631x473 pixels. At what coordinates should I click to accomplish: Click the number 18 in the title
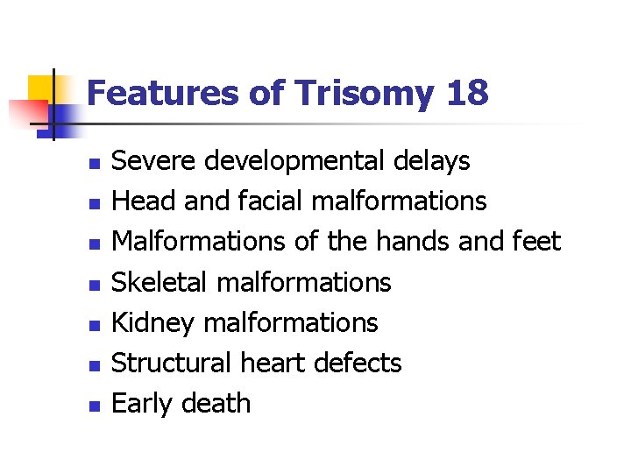click(x=466, y=93)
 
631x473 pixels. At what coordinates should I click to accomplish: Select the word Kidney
click(x=154, y=323)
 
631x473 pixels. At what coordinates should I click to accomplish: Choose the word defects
click(x=360, y=363)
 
